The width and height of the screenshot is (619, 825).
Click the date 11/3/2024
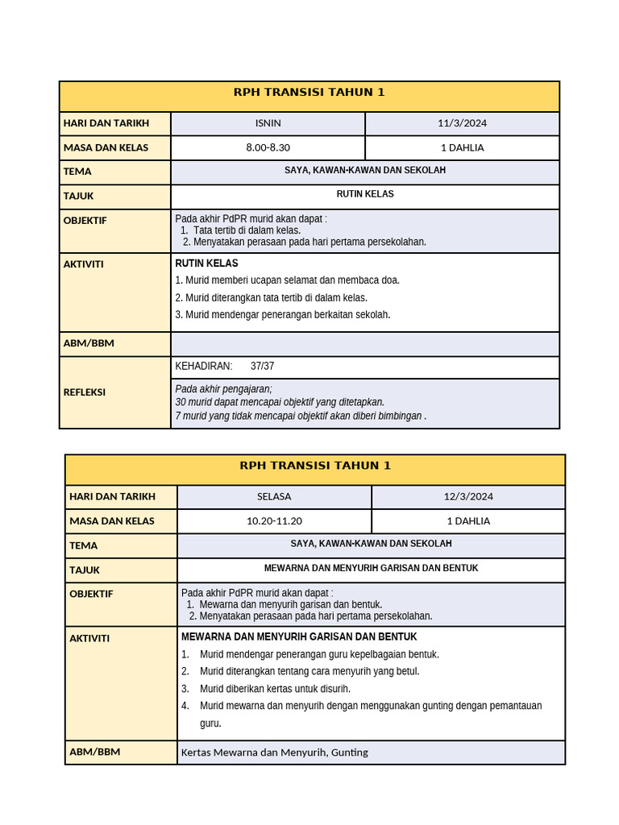click(462, 123)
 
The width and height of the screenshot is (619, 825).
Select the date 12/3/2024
click(468, 496)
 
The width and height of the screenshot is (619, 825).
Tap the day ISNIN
click(268, 123)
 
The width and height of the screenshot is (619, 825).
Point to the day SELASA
click(274, 496)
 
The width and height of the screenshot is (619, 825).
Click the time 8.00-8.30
click(268, 147)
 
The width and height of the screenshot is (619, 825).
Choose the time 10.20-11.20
click(274, 520)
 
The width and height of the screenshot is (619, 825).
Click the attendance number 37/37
click(262, 367)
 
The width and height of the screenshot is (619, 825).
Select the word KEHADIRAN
click(203, 367)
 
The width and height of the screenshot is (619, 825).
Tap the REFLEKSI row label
click(85, 392)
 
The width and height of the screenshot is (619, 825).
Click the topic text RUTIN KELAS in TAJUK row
click(364, 194)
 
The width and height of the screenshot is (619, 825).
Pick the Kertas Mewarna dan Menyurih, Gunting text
click(274, 752)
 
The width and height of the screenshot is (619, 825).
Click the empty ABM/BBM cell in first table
click(364, 344)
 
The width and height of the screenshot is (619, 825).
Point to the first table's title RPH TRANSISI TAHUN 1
click(309, 93)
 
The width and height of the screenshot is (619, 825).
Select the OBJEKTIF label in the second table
click(91, 594)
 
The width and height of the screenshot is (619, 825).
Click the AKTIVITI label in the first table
click(83, 264)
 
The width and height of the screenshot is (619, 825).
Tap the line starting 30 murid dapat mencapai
click(279, 402)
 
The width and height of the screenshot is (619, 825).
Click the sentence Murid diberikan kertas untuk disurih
click(275, 689)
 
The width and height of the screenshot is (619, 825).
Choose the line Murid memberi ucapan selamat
click(287, 280)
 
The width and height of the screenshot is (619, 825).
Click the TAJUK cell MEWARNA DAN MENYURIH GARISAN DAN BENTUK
click(371, 568)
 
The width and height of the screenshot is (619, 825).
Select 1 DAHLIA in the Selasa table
click(468, 520)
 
